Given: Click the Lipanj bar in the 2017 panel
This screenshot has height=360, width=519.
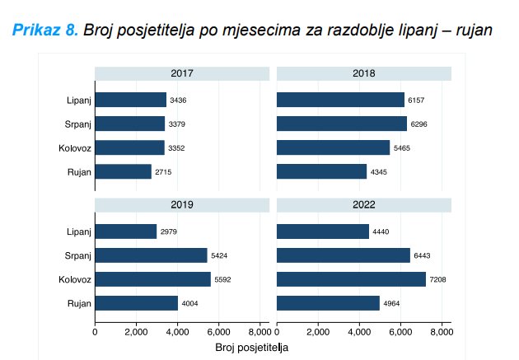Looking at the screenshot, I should click(130, 100).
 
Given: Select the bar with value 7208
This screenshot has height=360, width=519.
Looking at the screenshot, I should click(351, 279).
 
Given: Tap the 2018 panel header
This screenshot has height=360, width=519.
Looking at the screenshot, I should click(364, 73).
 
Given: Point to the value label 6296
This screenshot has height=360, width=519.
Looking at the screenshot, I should click(419, 124).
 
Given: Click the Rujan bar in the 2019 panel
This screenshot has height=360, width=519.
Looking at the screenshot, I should click(136, 303).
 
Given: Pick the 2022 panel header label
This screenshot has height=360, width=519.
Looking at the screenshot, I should click(364, 204).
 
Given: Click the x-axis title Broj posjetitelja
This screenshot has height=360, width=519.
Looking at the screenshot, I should click(251, 348).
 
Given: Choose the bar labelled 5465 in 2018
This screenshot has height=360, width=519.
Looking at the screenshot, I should click(333, 148).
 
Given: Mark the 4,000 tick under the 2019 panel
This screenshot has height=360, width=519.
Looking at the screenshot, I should click(177, 332).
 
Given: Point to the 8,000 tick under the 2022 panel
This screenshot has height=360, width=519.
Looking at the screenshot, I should click(442, 332).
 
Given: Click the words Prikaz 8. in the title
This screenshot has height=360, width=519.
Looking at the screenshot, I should click(46, 30).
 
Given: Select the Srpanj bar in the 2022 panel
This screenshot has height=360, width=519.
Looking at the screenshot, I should click(343, 255).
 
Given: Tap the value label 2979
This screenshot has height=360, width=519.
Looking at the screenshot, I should click(170, 231).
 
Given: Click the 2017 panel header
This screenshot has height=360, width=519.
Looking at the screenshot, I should click(182, 73).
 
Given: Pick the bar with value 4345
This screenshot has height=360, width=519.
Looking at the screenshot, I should click(321, 172).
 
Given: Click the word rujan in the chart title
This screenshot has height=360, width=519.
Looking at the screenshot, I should click(473, 31).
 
